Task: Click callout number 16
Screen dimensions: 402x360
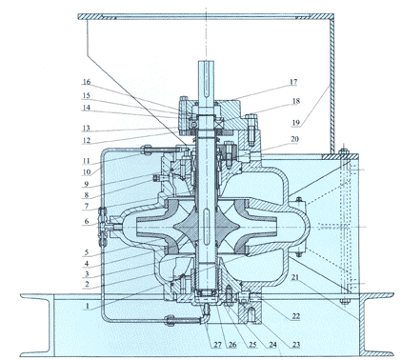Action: click(87, 82)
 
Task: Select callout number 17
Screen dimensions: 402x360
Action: click(293, 82)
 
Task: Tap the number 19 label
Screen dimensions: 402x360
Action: click(295, 123)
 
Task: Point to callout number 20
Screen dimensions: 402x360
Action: click(294, 139)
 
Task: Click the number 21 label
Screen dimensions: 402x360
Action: click(295, 277)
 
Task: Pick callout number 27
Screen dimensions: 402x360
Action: click(217, 345)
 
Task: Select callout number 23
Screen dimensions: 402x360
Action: click(296, 345)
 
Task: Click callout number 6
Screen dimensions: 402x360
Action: click(87, 221)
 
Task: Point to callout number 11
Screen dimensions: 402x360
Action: click(86, 161)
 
